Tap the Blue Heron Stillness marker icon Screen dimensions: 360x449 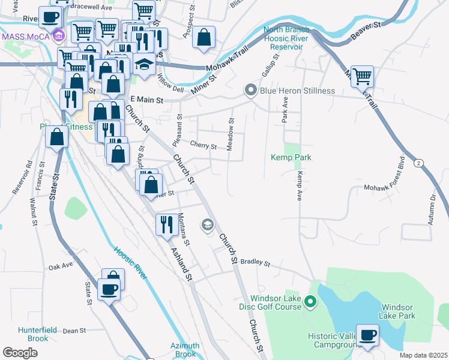250,91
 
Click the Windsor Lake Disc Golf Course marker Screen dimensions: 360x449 310,301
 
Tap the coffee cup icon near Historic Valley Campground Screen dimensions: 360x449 367,335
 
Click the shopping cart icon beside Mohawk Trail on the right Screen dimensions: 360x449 362,76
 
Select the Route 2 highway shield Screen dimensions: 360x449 418,163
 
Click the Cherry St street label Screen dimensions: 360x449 203,145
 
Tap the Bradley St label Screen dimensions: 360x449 256,263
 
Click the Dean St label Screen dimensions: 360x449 75,331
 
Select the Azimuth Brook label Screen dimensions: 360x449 184,350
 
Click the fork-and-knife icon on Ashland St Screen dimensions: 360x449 166,224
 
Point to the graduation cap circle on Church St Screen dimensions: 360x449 207,225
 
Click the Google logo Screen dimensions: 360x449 20,352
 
